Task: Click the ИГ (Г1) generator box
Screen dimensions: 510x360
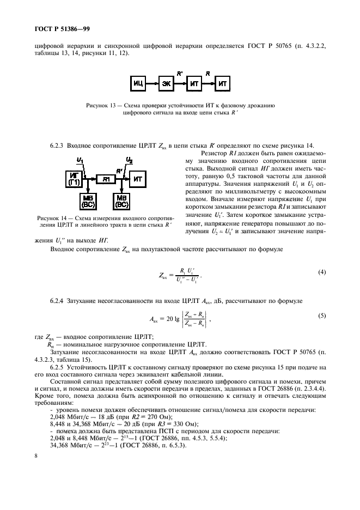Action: pos(73,177)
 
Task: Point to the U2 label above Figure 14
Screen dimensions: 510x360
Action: pos(129,160)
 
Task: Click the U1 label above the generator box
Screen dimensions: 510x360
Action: pos(80,160)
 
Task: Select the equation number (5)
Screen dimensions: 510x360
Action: pos(322,315)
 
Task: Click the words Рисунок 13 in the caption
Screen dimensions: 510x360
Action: pos(104,106)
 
